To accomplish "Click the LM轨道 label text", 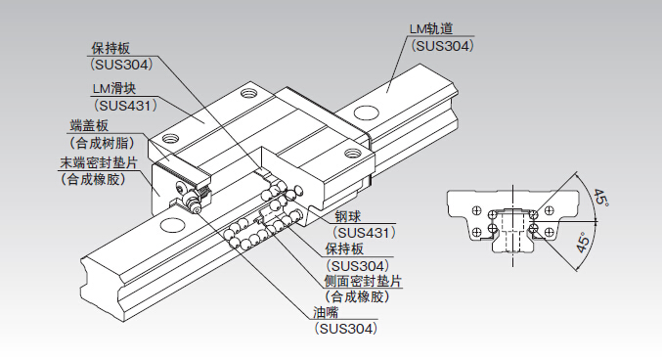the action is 431,28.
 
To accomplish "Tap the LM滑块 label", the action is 114,89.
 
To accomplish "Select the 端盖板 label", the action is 89,125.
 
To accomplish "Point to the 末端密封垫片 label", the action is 99,162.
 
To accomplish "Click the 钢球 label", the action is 348,217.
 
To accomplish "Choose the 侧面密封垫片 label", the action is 363,281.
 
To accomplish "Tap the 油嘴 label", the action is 326,313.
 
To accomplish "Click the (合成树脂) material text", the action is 102,143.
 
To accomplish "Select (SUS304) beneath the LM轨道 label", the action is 442,46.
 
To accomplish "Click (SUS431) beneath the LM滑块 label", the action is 125,105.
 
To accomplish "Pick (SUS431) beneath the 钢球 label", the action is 365,233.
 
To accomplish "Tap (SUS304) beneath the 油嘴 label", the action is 346,329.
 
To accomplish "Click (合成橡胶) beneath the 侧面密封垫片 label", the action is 357,296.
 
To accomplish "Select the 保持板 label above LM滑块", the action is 111,49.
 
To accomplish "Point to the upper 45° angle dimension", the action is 600,198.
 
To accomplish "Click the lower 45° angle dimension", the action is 583,243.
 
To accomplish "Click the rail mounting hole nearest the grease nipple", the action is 171,224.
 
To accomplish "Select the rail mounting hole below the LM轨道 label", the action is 367,112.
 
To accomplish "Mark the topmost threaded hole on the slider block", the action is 248,92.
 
